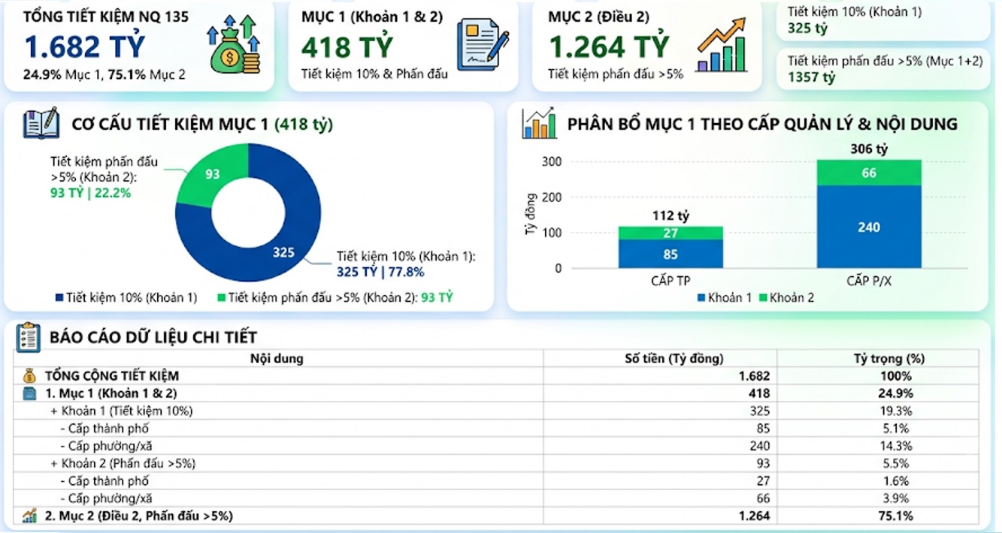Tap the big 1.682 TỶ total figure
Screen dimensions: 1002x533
click(x=85, y=47)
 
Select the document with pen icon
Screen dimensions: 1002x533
click(x=483, y=44)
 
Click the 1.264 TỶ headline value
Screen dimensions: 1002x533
click(x=610, y=47)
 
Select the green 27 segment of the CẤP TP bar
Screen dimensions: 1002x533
click(x=671, y=233)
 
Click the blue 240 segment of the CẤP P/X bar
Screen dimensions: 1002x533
click(x=869, y=227)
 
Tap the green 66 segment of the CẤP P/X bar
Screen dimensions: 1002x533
click(x=869, y=173)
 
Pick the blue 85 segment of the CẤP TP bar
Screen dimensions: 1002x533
click(x=671, y=254)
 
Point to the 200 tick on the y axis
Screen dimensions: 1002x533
click(x=552, y=197)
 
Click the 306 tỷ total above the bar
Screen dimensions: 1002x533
click(x=869, y=149)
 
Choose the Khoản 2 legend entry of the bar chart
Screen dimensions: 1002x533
click(x=787, y=297)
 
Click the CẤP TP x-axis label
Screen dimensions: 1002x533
click(x=671, y=281)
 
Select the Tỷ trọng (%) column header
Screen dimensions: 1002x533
click(x=888, y=358)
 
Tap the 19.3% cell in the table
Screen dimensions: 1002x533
click(x=896, y=411)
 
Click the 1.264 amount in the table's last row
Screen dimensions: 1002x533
click(x=754, y=516)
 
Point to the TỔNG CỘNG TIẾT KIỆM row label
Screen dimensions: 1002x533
click(x=112, y=376)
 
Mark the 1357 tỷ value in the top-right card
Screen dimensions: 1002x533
click(x=811, y=77)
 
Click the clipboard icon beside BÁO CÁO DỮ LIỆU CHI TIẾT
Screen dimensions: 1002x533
click(x=28, y=337)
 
